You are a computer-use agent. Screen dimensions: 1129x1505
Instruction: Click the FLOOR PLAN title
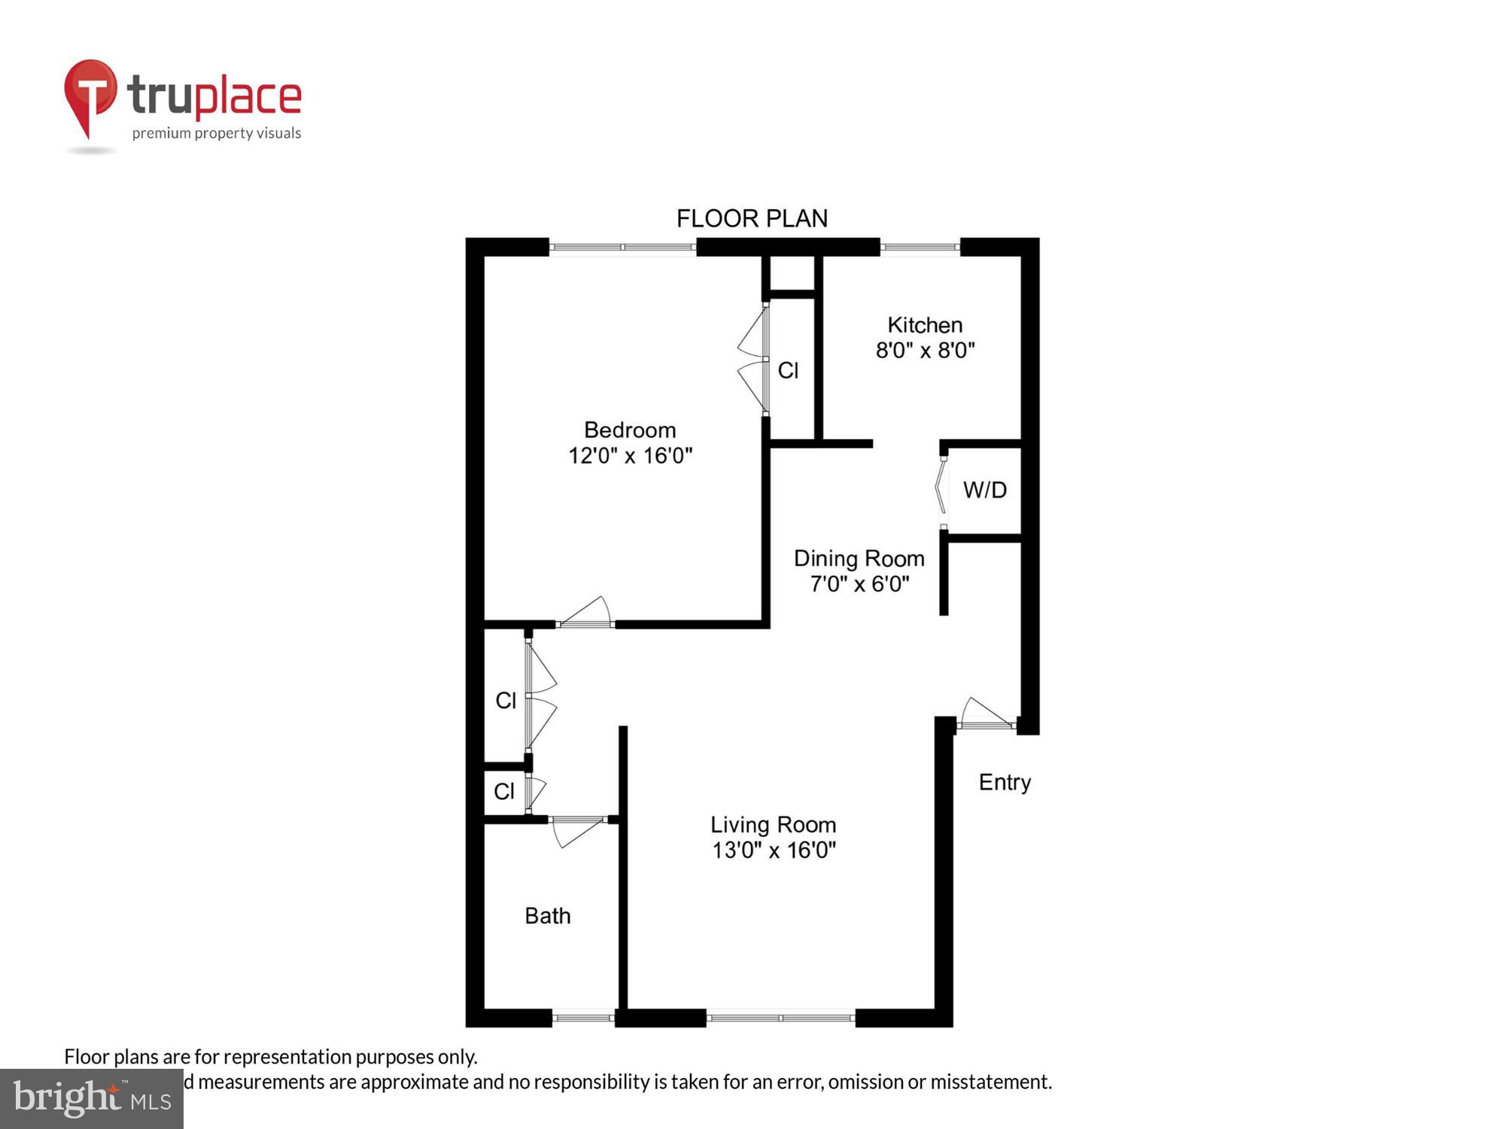(x=752, y=219)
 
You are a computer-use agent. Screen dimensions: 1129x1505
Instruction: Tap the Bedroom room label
(x=630, y=431)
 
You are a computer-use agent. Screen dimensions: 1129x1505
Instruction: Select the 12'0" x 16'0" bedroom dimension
(x=630, y=456)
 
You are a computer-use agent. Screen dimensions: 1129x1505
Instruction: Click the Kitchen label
(x=925, y=325)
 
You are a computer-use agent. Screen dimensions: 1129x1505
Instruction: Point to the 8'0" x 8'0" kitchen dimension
(x=925, y=351)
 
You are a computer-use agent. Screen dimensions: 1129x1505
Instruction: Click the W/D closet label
(x=984, y=491)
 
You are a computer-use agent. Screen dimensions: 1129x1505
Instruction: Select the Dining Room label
(x=859, y=559)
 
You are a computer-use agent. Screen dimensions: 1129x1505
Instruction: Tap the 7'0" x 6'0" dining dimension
(x=859, y=584)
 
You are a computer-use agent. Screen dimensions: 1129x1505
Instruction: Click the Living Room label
(x=773, y=825)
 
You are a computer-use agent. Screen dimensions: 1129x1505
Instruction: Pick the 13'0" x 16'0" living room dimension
(x=774, y=851)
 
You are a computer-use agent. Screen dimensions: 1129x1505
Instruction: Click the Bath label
(x=547, y=916)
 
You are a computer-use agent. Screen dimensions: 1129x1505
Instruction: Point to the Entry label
(x=1004, y=783)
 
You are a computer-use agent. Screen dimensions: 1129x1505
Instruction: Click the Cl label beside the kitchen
(x=788, y=370)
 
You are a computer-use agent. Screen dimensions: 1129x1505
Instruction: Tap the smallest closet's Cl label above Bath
(x=504, y=791)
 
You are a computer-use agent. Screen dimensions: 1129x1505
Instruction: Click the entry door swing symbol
(x=986, y=714)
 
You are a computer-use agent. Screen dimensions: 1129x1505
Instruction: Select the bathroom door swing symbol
(x=576, y=831)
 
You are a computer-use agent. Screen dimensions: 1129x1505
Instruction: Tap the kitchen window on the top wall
(x=920, y=246)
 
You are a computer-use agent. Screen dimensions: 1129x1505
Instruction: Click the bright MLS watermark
(x=91, y=1100)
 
